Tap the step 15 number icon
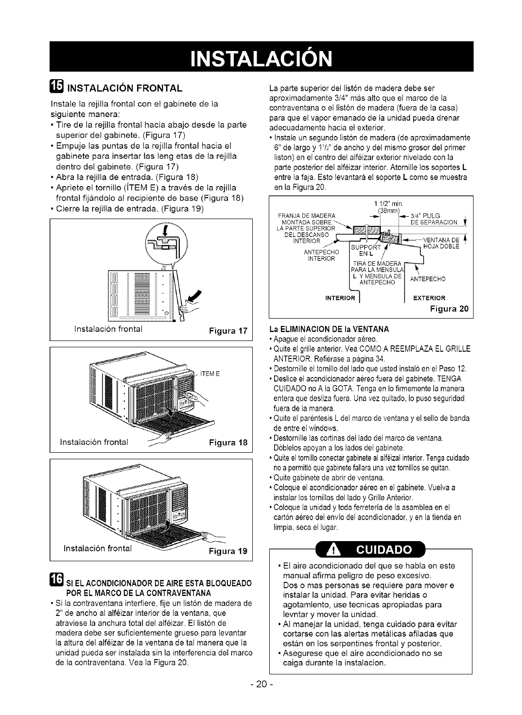point(57,87)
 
